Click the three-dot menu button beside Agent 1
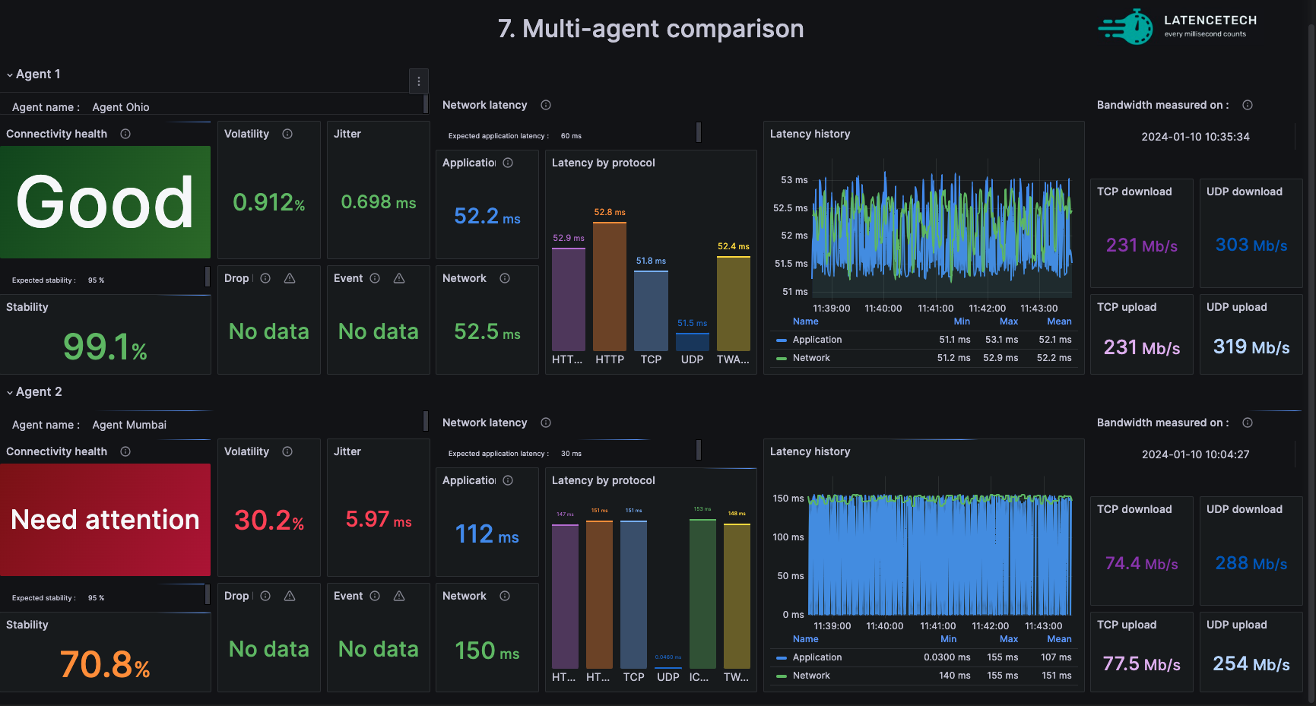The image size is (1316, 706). pyautogui.click(x=419, y=81)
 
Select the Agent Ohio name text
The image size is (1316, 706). pyautogui.click(x=121, y=107)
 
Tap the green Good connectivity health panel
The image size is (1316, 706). pyautogui.click(x=105, y=202)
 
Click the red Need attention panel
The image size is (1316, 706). pyautogui.click(x=105, y=520)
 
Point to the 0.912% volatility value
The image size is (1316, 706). pyautogui.click(x=269, y=202)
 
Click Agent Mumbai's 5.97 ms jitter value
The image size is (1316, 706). pyautogui.click(x=379, y=520)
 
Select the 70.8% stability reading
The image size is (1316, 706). pyautogui.click(x=105, y=664)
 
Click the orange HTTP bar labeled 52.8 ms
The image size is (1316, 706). pyautogui.click(x=610, y=286)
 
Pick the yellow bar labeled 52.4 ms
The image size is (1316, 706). pyautogui.click(x=734, y=303)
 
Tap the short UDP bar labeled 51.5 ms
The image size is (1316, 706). pyautogui.click(x=693, y=342)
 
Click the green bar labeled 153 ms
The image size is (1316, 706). pyautogui.click(x=702, y=594)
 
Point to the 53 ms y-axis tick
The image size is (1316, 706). pyautogui.click(x=794, y=180)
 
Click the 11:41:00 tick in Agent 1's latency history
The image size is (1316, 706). pyautogui.click(x=935, y=309)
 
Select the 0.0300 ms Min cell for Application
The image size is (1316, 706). pyautogui.click(x=947, y=657)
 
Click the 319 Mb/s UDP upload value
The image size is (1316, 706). pyautogui.click(x=1251, y=347)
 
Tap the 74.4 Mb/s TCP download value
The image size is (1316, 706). pyautogui.click(x=1142, y=564)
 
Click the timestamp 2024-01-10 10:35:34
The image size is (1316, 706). pyautogui.click(x=1195, y=137)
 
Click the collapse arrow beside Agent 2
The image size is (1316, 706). pyautogui.click(x=10, y=392)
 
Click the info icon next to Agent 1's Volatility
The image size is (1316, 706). pyautogui.click(x=287, y=134)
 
